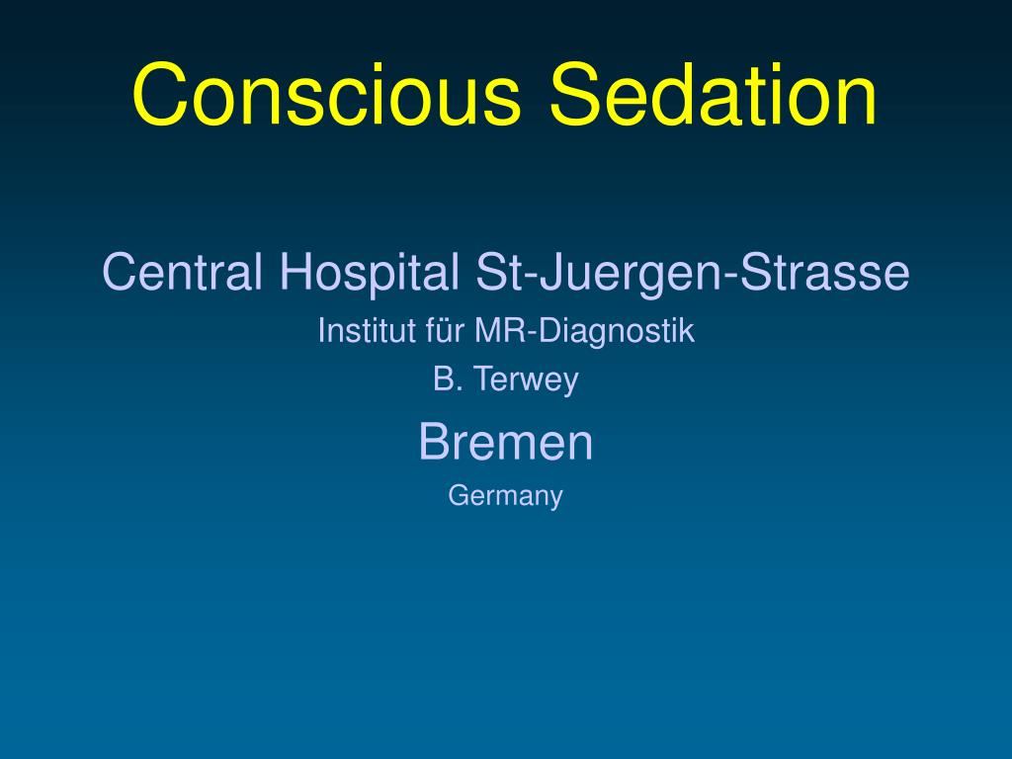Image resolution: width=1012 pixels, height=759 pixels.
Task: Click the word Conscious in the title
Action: point(326,96)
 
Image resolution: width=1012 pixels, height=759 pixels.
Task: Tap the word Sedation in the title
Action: point(714,96)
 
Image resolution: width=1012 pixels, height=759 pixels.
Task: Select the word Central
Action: point(182,272)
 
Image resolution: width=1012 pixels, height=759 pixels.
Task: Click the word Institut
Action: point(357,331)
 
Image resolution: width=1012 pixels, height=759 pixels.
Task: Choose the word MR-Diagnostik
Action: point(583,332)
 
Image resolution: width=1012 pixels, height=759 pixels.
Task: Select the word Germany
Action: point(505,496)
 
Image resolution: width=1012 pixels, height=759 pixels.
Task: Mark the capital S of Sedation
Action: point(575,96)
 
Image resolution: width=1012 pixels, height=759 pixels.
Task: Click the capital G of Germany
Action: point(457,494)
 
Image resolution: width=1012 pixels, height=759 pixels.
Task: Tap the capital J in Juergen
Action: point(535,272)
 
